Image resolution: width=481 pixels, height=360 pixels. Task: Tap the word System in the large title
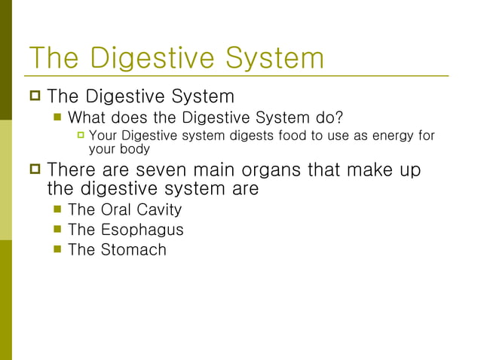coord(272,58)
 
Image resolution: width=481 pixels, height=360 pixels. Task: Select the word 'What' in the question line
coord(87,118)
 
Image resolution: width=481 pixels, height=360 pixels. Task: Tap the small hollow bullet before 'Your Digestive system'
coord(80,136)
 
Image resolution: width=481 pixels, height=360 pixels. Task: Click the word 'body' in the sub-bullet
coord(136,149)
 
